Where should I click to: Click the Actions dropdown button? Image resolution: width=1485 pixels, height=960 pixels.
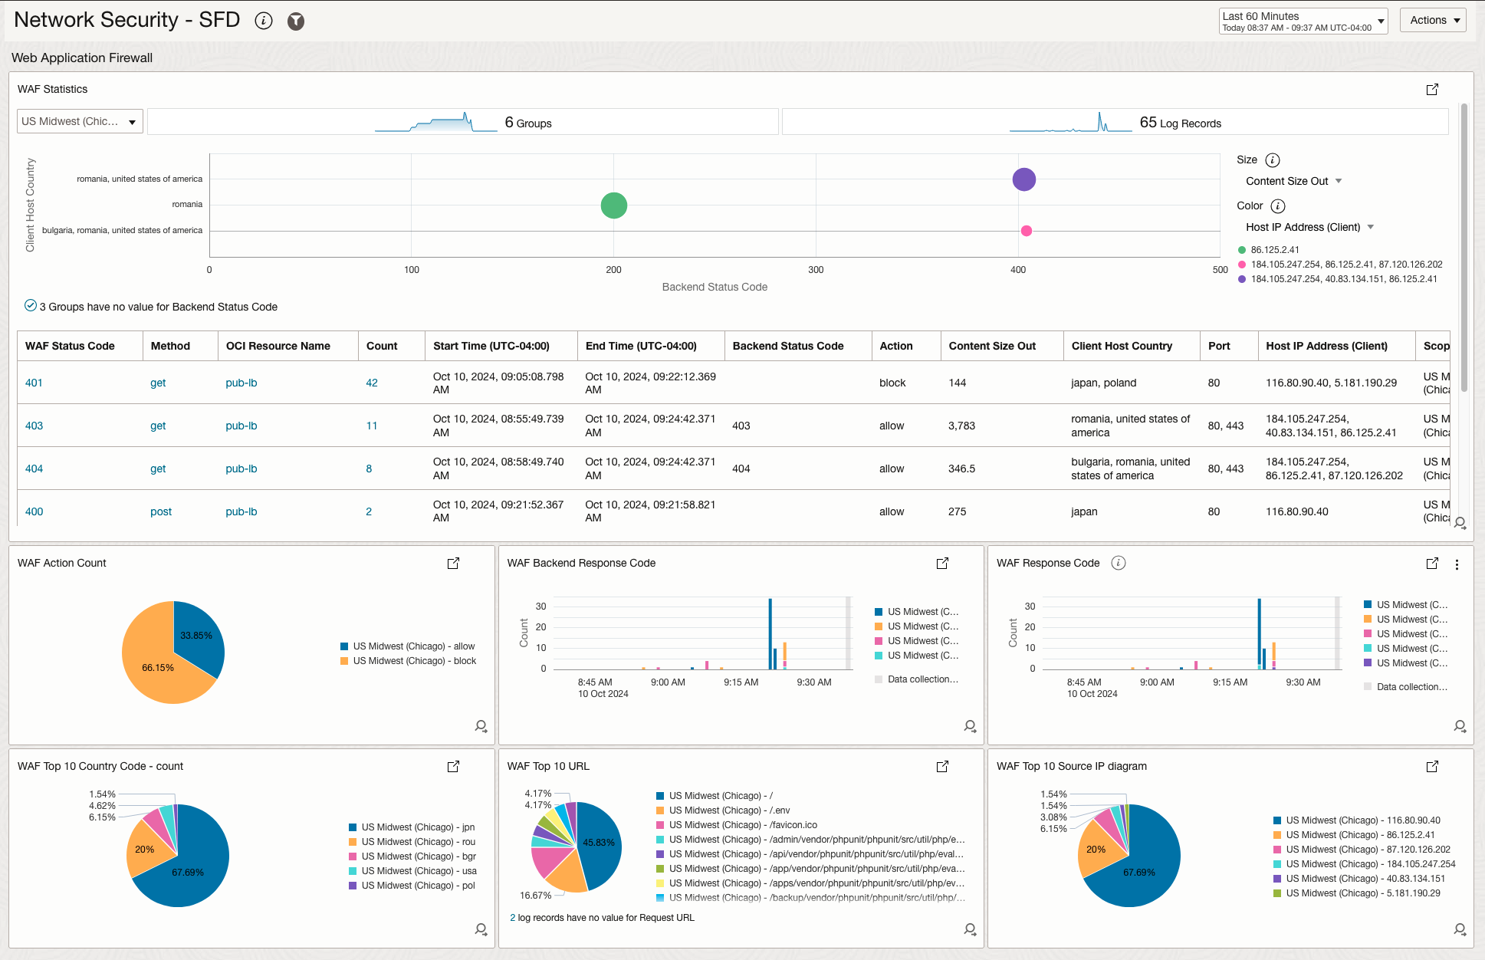point(1432,20)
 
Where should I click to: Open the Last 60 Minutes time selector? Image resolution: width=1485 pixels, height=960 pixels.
point(1303,21)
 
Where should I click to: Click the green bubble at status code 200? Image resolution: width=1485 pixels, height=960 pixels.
point(613,205)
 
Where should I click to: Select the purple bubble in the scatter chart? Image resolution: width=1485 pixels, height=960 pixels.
point(1023,179)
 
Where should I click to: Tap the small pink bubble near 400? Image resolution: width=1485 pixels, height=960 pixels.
point(1026,231)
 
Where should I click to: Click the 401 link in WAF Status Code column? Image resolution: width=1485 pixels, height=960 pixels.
point(34,383)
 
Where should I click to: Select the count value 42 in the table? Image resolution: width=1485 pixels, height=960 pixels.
point(372,383)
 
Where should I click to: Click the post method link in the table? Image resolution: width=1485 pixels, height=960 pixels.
point(161,511)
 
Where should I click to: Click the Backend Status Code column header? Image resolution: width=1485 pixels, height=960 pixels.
point(787,346)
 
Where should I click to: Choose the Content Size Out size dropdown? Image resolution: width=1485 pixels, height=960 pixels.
point(1293,181)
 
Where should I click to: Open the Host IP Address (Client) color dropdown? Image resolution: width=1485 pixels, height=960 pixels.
point(1309,227)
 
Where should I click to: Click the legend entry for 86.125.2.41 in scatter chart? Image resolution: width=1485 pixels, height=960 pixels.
point(1274,250)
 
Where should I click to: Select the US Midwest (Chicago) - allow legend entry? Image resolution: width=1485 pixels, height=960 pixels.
point(413,646)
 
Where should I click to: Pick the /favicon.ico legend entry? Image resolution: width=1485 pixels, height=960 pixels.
point(742,825)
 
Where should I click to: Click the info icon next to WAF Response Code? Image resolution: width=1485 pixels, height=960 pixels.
point(1119,563)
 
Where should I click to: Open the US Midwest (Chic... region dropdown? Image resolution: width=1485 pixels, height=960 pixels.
point(80,121)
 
